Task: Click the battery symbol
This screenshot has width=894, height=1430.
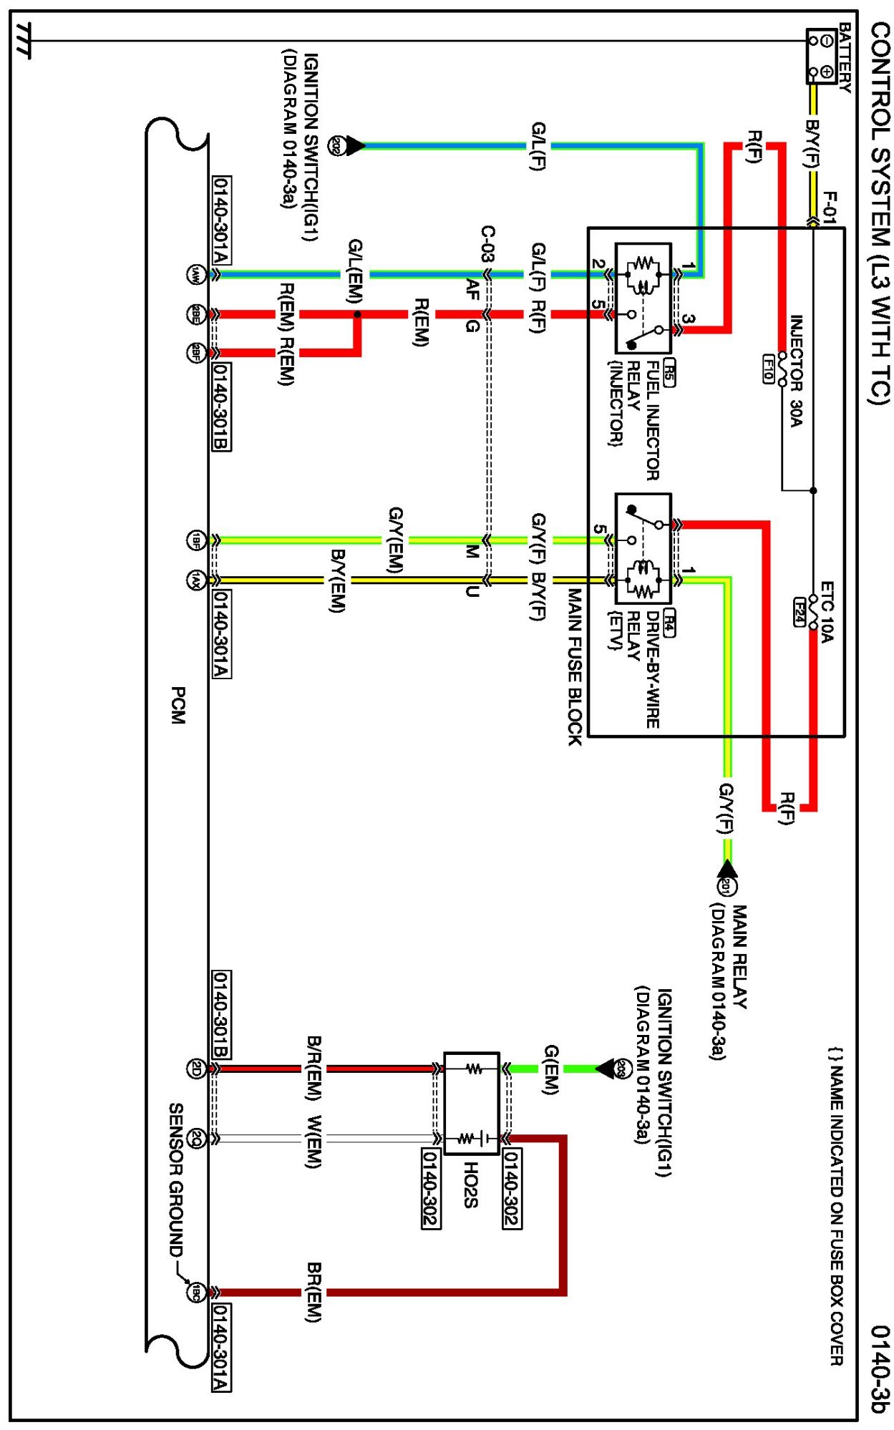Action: tap(821, 56)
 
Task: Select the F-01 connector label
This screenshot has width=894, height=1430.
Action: tap(829, 208)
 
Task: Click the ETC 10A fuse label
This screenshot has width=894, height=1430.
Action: tap(827, 611)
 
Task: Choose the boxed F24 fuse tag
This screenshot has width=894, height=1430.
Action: tap(800, 611)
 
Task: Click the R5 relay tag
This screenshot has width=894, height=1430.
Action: tap(669, 372)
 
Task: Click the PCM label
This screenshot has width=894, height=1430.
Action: tap(178, 705)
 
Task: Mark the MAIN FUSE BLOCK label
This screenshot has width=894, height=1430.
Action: tap(575, 666)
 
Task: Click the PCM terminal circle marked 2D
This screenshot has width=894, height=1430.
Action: tap(195, 1068)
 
